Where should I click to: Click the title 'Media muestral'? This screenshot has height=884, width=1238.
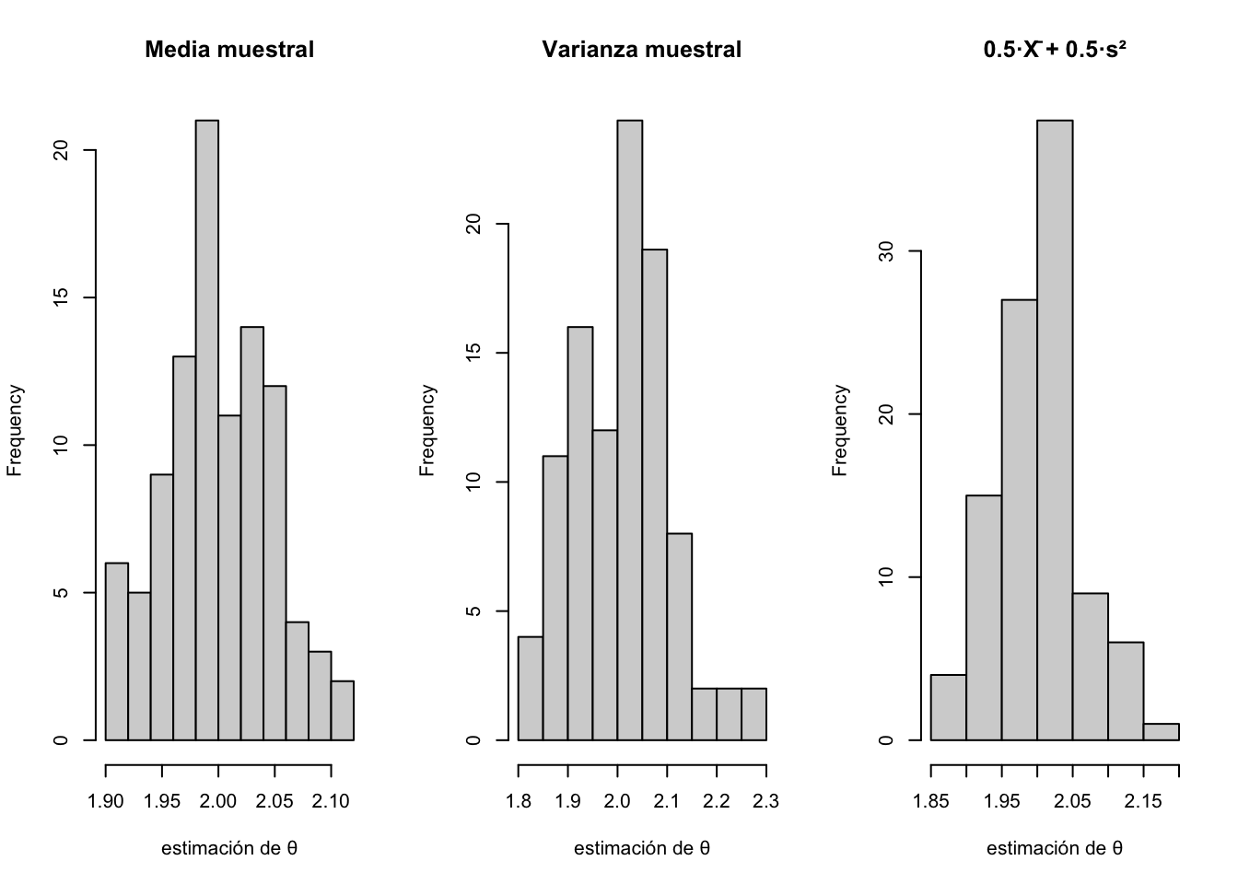click(x=229, y=50)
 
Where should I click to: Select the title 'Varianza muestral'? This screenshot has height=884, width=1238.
click(x=641, y=50)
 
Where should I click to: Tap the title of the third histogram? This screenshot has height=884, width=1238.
click(x=1055, y=50)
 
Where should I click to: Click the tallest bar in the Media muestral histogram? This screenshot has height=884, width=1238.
click(x=207, y=429)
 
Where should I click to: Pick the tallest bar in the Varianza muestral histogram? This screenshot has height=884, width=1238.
click(x=629, y=429)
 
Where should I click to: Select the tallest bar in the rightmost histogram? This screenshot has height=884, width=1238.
click(x=1055, y=429)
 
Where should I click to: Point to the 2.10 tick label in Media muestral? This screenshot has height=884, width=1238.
click(x=331, y=802)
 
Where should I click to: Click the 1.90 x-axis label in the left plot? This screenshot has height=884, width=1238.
click(x=106, y=802)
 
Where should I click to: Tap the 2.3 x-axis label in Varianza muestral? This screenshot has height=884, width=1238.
click(x=765, y=802)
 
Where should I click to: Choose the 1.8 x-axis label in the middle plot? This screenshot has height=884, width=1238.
click(x=519, y=802)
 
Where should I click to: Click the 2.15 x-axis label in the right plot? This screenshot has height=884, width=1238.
click(x=1143, y=802)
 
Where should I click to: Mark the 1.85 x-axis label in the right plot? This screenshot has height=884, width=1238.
click(x=931, y=802)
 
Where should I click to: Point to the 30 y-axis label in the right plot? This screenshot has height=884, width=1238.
click(x=886, y=251)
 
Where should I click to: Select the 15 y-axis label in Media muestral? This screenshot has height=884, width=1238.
click(x=62, y=298)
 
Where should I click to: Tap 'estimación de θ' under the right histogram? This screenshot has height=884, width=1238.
click(x=1055, y=849)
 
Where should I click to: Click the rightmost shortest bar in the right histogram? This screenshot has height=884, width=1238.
click(x=1161, y=731)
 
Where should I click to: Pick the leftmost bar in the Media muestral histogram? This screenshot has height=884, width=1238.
click(x=117, y=651)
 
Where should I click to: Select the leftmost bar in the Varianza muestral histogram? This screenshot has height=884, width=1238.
click(x=531, y=688)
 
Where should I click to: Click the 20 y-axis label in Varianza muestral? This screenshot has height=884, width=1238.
click(x=473, y=224)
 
